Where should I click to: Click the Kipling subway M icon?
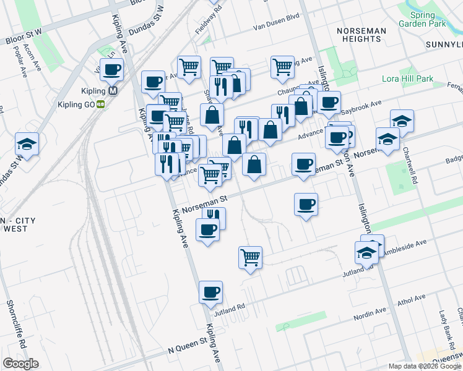point(113,90)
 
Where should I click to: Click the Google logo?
point(20,364)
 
